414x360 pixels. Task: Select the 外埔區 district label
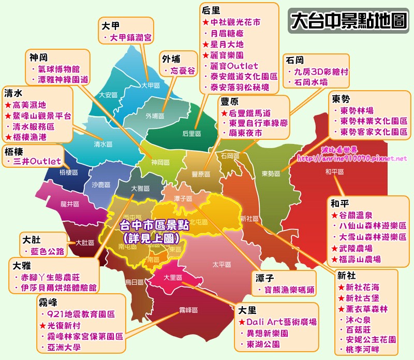pyautogui.click(x=155, y=116)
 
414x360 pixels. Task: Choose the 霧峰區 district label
pyautogui.click(x=189, y=310)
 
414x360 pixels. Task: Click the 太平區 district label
pyautogui.click(x=221, y=264)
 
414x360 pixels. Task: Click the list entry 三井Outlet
pyautogui.click(x=37, y=161)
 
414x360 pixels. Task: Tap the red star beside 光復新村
pyautogui.click(x=43, y=325)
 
